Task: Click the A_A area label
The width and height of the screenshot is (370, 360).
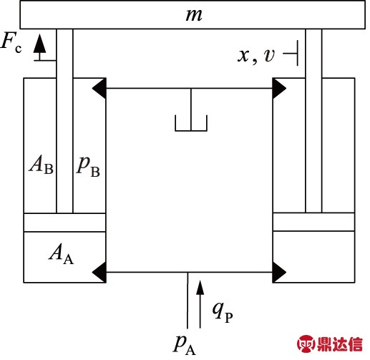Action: (x=61, y=252)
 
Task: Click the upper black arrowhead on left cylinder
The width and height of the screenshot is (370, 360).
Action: (x=99, y=89)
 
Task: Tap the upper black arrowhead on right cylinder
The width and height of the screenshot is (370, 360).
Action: (x=279, y=89)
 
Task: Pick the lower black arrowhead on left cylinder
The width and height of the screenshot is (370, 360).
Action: (x=99, y=271)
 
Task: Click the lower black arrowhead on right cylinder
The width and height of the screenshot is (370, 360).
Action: (x=279, y=271)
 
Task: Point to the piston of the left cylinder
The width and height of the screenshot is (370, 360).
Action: (x=64, y=223)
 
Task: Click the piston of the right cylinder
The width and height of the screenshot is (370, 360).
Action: (x=313, y=223)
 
